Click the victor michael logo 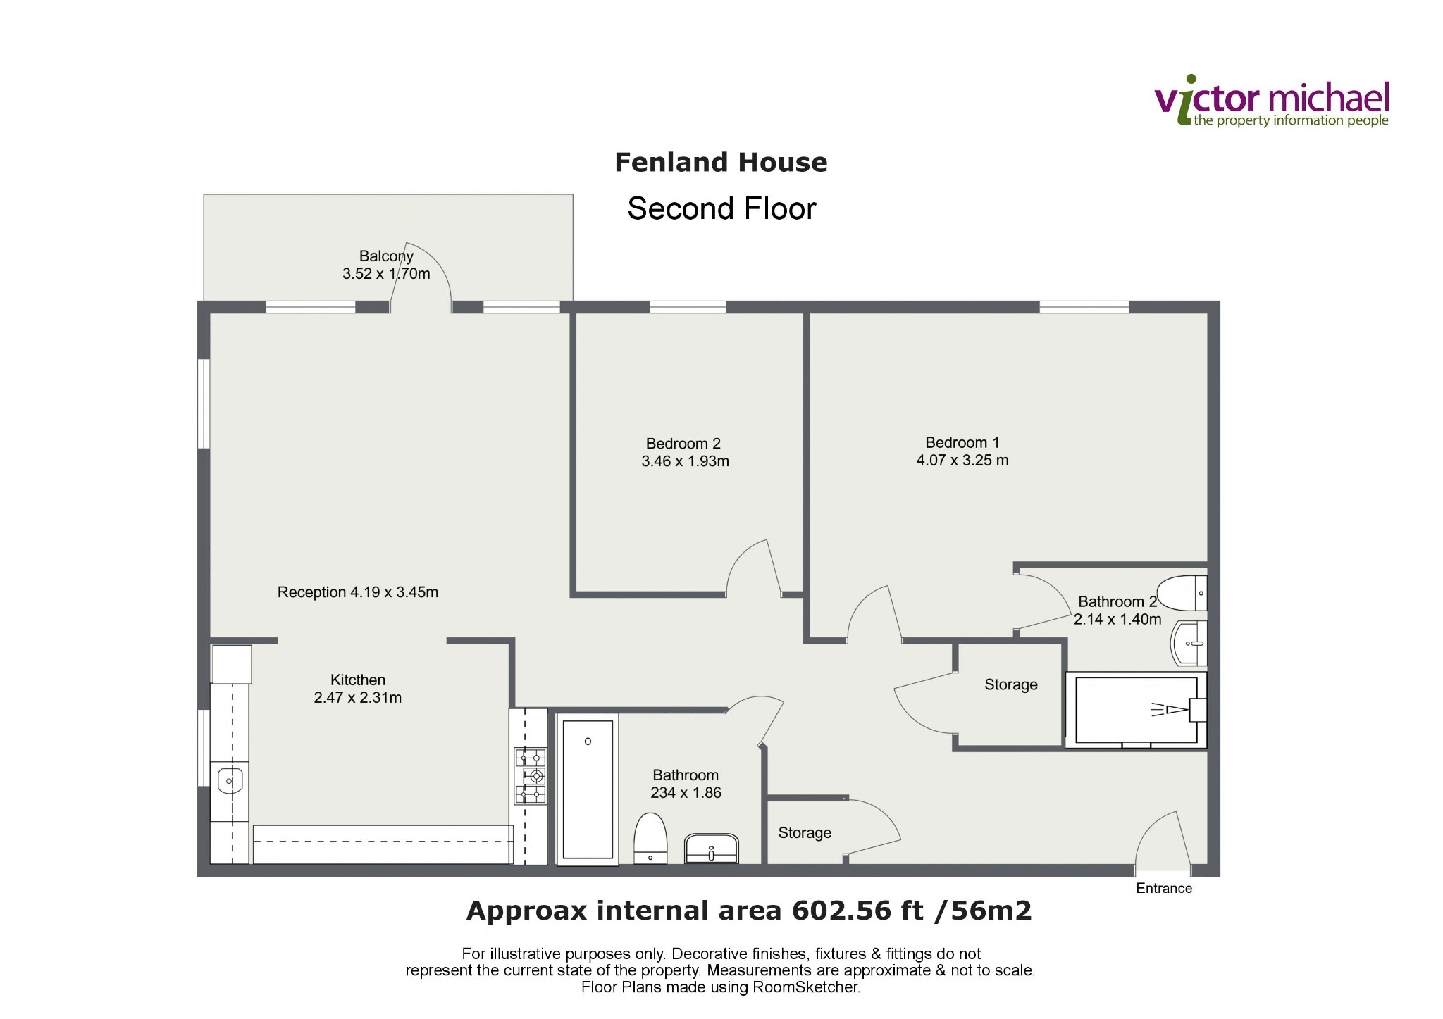coord(1272,101)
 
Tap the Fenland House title coord(721,163)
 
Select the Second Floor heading coord(721,208)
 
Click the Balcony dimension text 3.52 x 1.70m coord(386,274)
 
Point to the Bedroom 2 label coord(683,444)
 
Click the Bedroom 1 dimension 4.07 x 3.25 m coord(962,461)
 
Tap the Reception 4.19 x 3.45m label coord(358,592)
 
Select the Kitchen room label coord(358,680)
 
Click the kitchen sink coord(230,780)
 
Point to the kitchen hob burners coord(530,776)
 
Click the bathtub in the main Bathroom coord(588,789)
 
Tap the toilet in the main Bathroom coord(650,838)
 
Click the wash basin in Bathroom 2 coord(1189,644)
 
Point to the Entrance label coord(1164,889)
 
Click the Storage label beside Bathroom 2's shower coord(1011,685)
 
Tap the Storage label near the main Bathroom coord(805,833)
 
